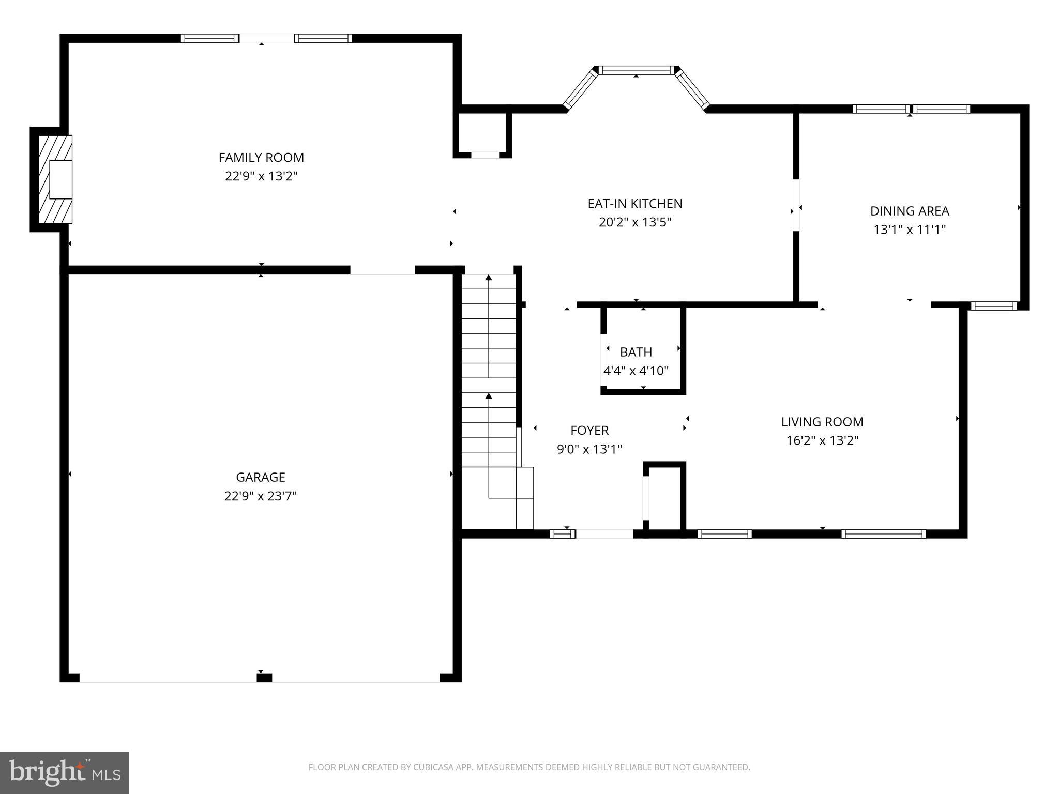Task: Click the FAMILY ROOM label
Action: click(x=261, y=158)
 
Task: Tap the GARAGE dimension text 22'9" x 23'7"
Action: click(x=261, y=496)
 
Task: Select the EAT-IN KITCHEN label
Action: click(x=635, y=204)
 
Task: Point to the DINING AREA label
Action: click(x=910, y=211)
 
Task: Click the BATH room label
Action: click(x=636, y=352)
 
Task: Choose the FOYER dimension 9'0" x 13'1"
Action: click(x=589, y=449)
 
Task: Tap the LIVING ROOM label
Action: click(x=822, y=422)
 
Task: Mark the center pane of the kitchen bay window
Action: click(x=637, y=70)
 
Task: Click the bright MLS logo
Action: click(x=65, y=772)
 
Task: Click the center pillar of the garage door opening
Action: click(x=264, y=678)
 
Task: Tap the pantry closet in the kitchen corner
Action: click(x=483, y=132)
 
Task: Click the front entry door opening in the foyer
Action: click(x=604, y=534)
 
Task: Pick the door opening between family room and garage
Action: click(x=383, y=270)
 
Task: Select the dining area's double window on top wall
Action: click(x=911, y=109)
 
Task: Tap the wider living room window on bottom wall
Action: click(x=884, y=534)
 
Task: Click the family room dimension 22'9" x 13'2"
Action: click(x=261, y=176)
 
